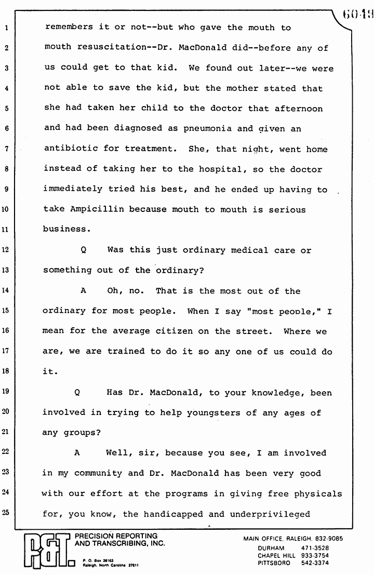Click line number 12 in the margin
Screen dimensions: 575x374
(x=7, y=250)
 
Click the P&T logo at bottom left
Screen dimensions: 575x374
(x=46, y=551)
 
